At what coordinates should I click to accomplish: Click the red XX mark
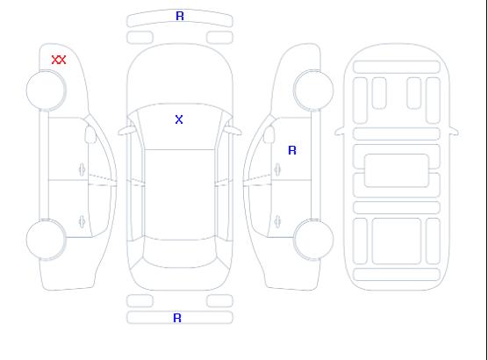coord(59,60)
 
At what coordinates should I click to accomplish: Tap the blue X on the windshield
coord(179,119)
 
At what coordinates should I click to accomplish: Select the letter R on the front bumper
coord(180,16)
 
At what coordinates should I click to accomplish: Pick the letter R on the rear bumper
coord(177,318)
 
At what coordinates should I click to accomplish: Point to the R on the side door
coord(292,150)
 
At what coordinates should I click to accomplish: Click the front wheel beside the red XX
coord(46,90)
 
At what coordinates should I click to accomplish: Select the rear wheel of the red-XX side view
coord(46,240)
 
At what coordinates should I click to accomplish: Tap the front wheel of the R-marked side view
coord(313,90)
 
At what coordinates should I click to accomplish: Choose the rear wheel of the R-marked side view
coord(313,240)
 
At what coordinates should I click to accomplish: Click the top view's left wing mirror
coord(126,131)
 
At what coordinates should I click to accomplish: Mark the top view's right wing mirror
coord(233,131)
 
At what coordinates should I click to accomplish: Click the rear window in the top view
coord(180,254)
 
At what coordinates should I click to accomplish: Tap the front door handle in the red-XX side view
coord(82,169)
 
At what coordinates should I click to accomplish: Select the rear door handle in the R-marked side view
coord(277,221)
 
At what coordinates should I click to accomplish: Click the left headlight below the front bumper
coord(140,38)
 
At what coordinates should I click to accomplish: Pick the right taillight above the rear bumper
coord(219,301)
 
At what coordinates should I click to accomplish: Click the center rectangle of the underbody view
coord(397,170)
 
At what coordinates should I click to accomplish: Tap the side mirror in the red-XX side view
coord(90,134)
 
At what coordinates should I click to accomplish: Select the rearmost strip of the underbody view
coord(397,274)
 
